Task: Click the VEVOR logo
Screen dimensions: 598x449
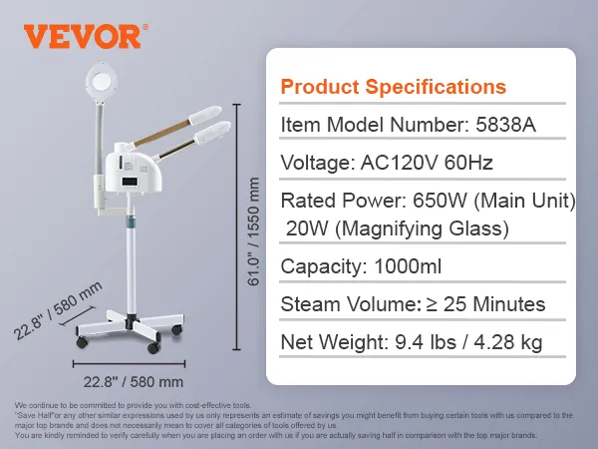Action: [86, 37]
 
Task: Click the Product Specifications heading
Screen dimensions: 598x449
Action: [394, 87]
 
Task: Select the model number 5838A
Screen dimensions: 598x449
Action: [505, 125]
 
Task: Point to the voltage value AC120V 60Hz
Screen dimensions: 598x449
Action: [427, 163]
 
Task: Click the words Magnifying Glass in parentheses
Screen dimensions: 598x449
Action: [425, 229]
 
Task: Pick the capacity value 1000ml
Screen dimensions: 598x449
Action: [408, 266]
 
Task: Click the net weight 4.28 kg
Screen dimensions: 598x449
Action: [508, 342]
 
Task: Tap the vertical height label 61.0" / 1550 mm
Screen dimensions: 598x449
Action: [253, 231]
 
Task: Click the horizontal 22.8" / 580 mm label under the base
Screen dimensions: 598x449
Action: [134, 382]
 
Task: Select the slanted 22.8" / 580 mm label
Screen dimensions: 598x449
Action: [58, 310]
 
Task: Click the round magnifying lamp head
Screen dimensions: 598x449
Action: [101, 80]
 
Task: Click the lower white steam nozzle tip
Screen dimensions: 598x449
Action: [212, 132]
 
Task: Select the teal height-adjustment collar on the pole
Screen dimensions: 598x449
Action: [131, 220]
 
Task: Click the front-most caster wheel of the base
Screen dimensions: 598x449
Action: [153, 347]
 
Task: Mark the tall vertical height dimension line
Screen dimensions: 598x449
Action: [237, 226]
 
